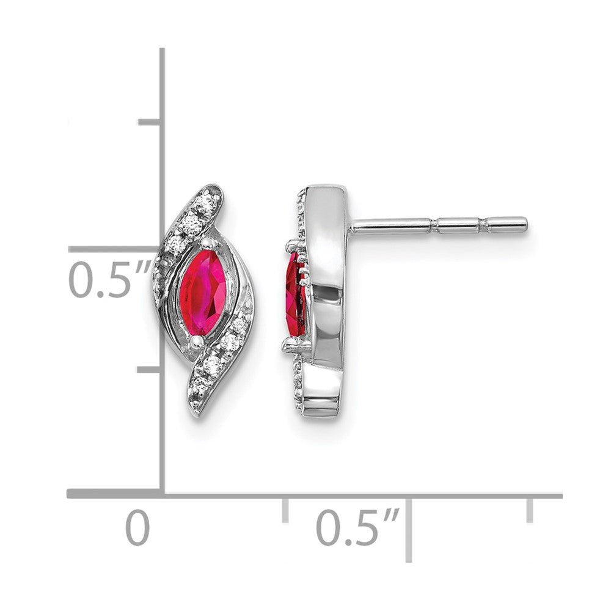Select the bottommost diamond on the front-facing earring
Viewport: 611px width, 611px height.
[199, 383]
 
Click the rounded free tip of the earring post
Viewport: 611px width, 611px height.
[524, 225]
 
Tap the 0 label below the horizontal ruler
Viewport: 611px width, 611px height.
[137, 529]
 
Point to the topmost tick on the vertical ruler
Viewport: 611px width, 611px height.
[149, 122]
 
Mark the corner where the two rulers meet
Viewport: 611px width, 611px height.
[163, 493]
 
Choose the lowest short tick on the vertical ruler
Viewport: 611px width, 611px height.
[149, 369]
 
